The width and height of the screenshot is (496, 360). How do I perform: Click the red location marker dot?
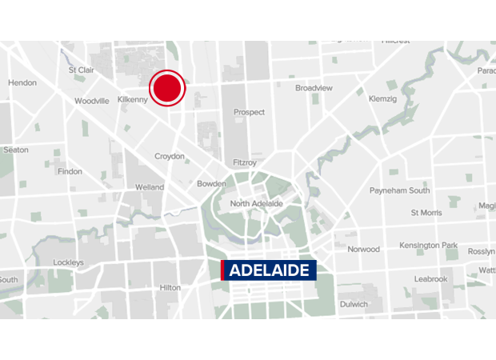[x=168, y=88]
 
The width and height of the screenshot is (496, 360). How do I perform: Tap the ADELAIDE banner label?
[x=269, y=270]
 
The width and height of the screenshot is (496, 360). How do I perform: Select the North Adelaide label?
[x=256, y=204]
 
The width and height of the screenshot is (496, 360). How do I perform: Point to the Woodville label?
[x=91, y=101]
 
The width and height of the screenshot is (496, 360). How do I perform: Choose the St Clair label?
[x=82, y=70]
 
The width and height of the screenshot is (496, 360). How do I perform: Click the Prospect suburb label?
[x=249, y=112]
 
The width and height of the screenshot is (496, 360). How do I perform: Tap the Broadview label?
[x=314, y=88]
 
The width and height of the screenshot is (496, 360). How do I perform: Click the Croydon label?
[x=169, y=156]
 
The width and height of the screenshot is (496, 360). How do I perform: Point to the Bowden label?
[x=211, y=184]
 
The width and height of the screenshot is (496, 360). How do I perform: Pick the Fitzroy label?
[x=245, y=162]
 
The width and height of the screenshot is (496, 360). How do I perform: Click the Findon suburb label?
[x=70, y=171]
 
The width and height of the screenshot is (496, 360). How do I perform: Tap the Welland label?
[x=150, y=187]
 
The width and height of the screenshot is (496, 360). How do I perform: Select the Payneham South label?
[x=399, y=190]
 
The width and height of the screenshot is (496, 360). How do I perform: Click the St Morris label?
[x=426, y=213]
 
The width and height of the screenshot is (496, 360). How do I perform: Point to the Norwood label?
[x=363, y=249]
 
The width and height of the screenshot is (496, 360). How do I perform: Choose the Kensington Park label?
[x=430, y=245]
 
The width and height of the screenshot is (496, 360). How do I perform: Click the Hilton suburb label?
[x=170, y=287]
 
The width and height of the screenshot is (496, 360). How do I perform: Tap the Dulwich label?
[x=353, y=304]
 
